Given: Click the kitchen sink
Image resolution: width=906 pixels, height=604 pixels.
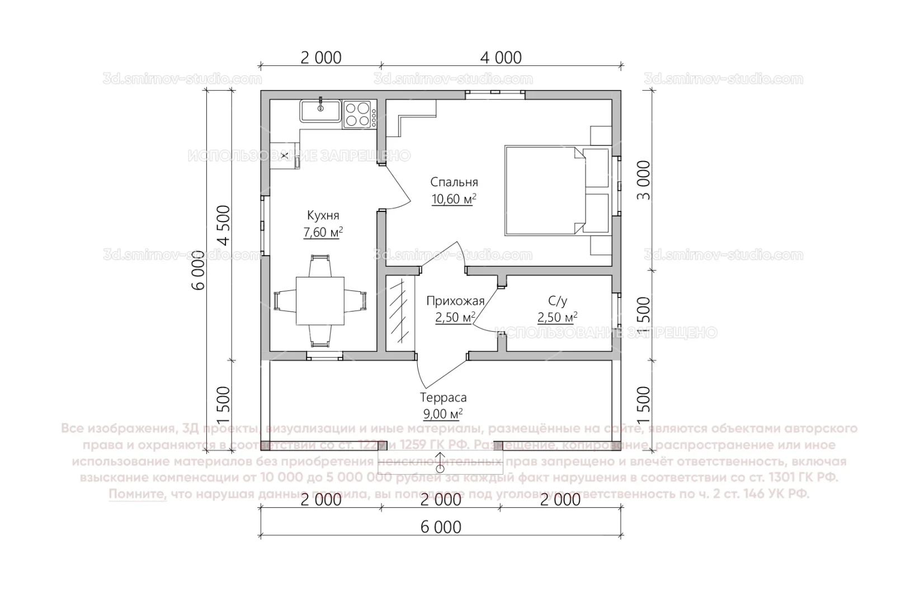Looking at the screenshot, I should tap(320, 111).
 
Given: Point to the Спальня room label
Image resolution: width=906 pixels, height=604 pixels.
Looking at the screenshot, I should tap(454, 182).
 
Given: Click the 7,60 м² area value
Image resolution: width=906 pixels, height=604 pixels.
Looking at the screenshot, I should tap(323, 233).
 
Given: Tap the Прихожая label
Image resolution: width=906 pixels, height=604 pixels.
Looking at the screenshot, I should tap(455, 301).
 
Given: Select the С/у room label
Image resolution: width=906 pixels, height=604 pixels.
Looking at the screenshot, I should tap(557, 301).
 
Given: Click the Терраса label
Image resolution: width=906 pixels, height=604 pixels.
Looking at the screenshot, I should tap(443, 398).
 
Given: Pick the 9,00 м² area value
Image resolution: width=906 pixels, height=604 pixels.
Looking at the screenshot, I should tap(443, 414).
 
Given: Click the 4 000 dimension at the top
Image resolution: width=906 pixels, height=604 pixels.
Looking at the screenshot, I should tap(501, 57).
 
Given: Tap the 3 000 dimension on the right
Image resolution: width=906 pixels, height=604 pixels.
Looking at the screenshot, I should tap(644, 181).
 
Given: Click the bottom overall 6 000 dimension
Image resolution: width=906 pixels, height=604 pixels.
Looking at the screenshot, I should tap(441, 527).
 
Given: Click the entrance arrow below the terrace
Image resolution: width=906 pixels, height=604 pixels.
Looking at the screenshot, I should tap(441, 463).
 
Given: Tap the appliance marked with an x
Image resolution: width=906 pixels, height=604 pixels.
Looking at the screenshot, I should tap(284, 155).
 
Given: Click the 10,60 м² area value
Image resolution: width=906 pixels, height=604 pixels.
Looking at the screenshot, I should tap(454, 199).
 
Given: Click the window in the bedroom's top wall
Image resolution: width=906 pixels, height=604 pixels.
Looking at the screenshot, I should tap(495, 94).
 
